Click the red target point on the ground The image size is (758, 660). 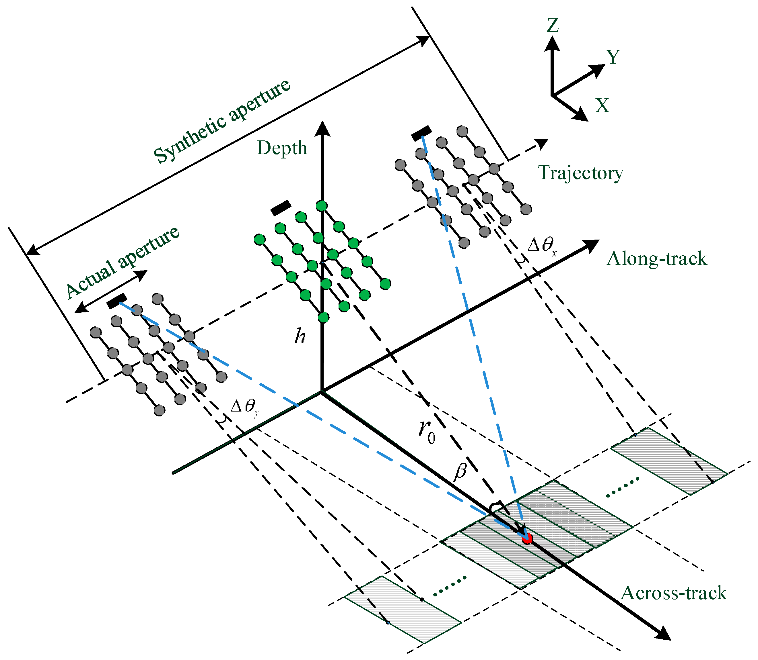coord(528,539)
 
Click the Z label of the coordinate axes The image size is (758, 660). coord(553,26)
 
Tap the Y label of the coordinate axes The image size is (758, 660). coord(613,57)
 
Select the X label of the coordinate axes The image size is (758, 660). coord(602,106)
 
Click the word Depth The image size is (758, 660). coord(282,148)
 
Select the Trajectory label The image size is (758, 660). coord(581,173)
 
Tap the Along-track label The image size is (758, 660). coord(657,258)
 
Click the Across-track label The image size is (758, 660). coord(674,593)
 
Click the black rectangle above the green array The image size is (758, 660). coord(281,208)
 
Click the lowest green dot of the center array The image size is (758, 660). coord(323,317)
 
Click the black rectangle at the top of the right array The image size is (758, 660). coord(421,133)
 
